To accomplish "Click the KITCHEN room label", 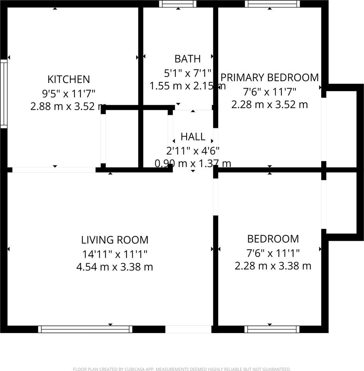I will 69,80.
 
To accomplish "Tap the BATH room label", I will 187,59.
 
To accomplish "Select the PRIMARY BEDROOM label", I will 270,77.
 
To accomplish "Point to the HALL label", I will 193,137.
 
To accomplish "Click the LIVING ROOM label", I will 115,240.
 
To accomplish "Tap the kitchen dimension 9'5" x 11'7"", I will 69,93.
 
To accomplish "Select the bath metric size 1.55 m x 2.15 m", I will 187,86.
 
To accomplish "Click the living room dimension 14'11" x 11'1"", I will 115,254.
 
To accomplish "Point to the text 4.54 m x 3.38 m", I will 115,267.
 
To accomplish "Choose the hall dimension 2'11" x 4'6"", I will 193,150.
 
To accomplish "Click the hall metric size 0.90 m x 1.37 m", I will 193,163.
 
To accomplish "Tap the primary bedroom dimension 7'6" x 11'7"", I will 270,92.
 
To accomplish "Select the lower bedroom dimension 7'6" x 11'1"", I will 273,253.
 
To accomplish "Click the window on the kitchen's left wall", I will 3,94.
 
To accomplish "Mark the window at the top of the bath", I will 177,4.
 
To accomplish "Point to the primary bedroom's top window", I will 272,4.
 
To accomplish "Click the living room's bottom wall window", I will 85,329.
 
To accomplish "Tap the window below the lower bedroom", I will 272,329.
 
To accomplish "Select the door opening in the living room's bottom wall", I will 188,329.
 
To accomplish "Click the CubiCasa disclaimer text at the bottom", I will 182,369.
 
